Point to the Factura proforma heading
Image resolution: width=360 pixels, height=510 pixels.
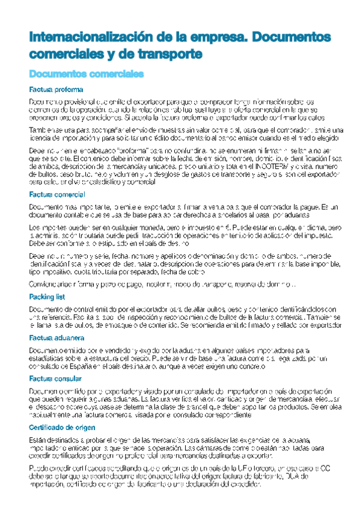(x=55, y=90)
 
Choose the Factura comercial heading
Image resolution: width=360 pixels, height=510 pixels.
(x=57, y=194)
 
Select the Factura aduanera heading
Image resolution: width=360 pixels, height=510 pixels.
(x=56, y=338)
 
